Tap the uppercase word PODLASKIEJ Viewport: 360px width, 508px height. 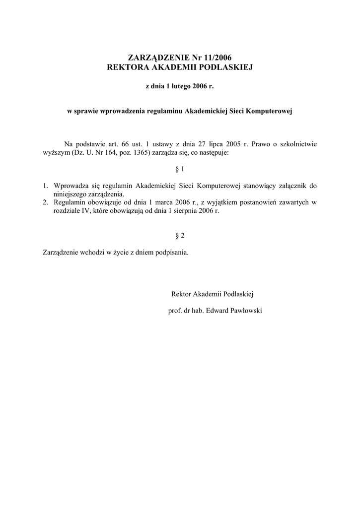click(226, 67)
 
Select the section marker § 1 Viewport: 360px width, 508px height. click(180, 169)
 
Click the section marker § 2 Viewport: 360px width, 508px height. click(180, 235)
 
